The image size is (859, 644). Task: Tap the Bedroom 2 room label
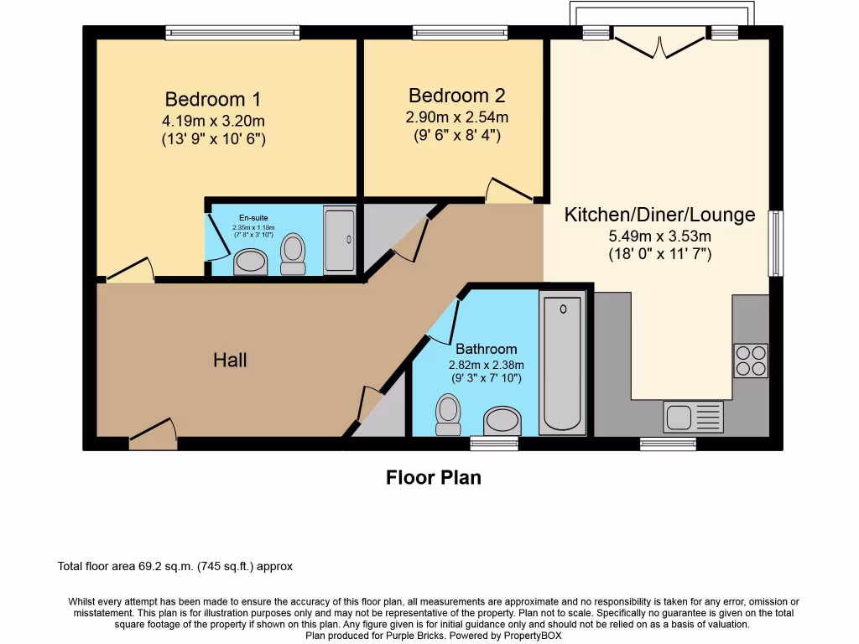pos(456,96)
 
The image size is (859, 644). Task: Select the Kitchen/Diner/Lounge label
pos(659,215)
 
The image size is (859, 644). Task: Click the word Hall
pos(230,360)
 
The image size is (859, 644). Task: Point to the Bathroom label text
pos(486,349)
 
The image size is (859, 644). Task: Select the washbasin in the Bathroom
pos(502,420)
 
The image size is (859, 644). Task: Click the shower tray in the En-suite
pos(340,240)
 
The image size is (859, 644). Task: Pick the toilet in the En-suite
pos(293,253)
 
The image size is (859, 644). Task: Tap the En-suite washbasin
pos(250,262)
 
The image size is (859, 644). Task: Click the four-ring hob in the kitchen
pos(751,361)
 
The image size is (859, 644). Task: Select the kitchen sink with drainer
pos(693,416)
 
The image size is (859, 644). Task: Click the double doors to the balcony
pos(659,42)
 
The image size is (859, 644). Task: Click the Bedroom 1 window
pos(232,33)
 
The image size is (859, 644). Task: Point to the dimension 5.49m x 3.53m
pos(659,236)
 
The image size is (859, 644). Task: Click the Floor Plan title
pos(434,478)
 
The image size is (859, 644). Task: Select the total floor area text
pos(175,567)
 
